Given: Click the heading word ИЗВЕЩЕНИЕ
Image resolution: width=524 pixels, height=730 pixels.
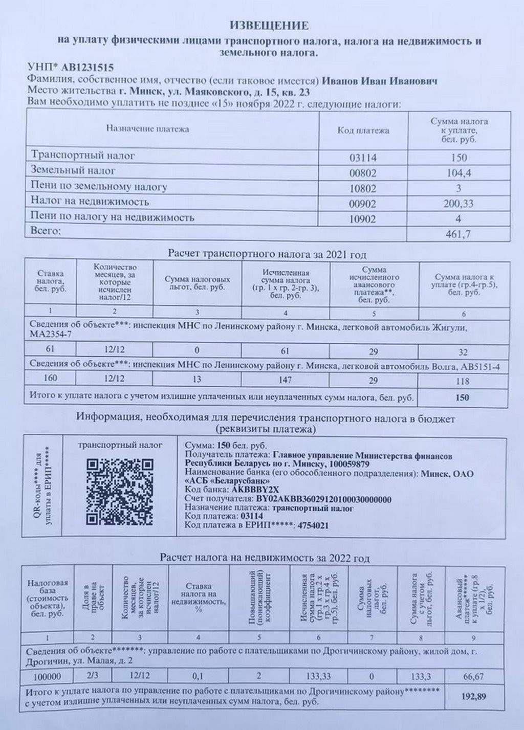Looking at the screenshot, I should [269, 25].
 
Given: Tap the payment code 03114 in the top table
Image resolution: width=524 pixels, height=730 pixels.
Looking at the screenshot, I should [362, 157].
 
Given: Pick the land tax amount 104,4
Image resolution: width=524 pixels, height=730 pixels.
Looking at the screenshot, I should [459, 173].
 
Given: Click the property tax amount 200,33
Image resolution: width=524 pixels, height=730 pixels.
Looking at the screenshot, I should [459, 204].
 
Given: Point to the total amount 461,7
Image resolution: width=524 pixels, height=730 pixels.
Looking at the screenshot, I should [459, 234].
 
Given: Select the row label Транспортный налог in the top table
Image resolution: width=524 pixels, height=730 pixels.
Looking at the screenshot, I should [83, 154].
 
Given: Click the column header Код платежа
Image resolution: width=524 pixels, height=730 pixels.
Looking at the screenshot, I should [363, 130].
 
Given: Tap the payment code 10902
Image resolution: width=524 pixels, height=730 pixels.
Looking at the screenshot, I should [362, 219].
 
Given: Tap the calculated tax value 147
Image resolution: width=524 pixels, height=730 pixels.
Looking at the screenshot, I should [285, 380].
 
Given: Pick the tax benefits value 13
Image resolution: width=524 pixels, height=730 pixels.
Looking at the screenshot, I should [197, 380].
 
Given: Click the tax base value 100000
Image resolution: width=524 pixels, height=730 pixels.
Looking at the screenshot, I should [47, 676].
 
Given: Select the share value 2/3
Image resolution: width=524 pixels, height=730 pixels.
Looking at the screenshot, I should [93, 676].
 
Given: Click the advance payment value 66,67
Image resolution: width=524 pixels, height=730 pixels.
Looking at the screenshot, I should [473, 676].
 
